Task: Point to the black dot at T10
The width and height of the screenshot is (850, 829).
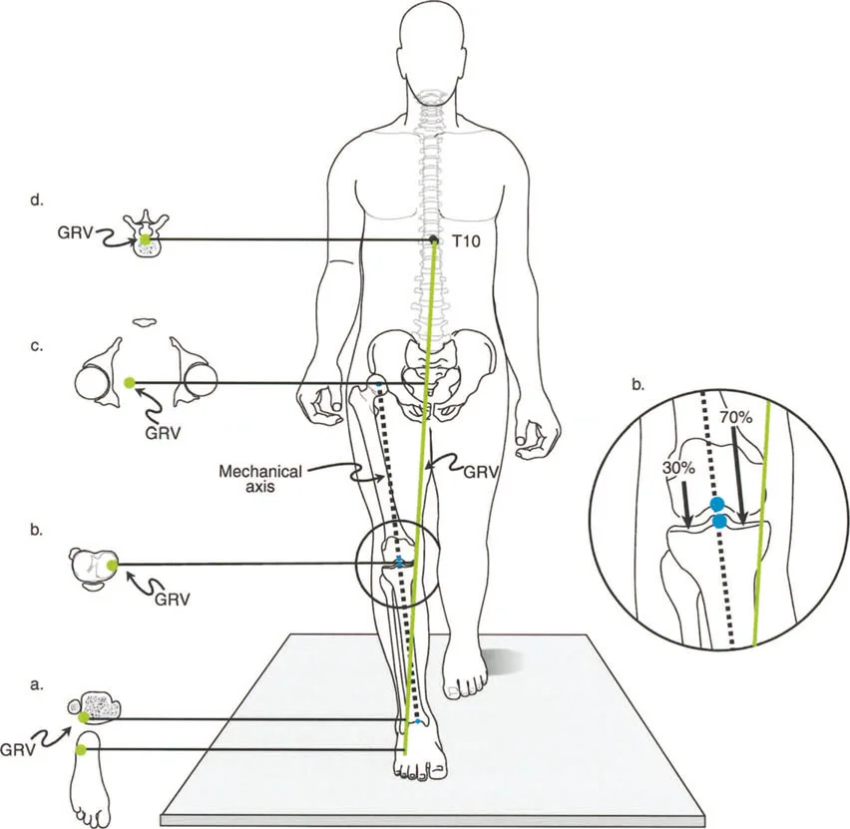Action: click(433, 240)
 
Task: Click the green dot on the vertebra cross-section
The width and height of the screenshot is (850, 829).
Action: click(146, 240)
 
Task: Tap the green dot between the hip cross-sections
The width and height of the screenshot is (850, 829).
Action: click(129, 383)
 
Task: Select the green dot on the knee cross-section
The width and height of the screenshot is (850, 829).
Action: click(111, 565)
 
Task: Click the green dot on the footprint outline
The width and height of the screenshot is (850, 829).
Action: click(82, 749)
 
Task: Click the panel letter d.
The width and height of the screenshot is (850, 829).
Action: click(37, 204)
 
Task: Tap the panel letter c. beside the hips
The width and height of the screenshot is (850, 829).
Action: click(37, 346)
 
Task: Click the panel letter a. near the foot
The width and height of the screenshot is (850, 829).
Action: click(37, 685)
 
